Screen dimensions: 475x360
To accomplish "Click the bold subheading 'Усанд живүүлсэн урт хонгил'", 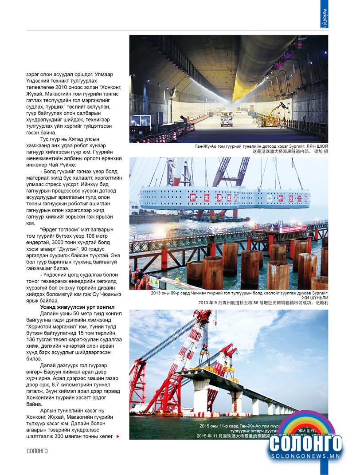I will pyautogui.click(x=77, y=307).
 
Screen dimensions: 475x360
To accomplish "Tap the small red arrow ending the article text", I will pyautogui.click(x=117, y=436).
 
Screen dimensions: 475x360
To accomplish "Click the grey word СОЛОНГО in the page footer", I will pyautogui.click(x=37, y=451).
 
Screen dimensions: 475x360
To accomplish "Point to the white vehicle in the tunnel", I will pyautogui.click(x=227, y=118).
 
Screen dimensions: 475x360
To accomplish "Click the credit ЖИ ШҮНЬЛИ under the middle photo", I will pyautogui.click(x=315, y=298).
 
